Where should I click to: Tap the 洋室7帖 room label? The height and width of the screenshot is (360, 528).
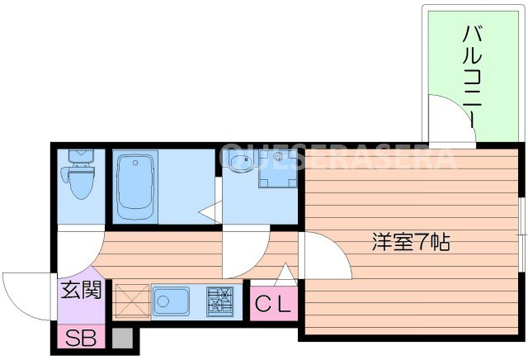pyautogui.click(x=410, y=243)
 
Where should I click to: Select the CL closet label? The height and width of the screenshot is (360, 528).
pyautogui.click(x=272, y=306)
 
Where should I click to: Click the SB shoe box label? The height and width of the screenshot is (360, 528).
pyautogui.click(x=79, y=339)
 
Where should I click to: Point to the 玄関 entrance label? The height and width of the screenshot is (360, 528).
pyautogui.click(x=80, y=291)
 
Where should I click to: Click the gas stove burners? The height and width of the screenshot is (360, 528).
pyautogui.click(x=220, y=301)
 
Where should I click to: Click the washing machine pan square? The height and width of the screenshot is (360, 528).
pyautogui.click(x=277, y=170)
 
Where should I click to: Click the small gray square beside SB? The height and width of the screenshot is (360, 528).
pyautogui.click(x=122, y=339)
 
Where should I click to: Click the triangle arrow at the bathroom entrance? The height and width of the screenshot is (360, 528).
pyautogui.click(x=210, y=214)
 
